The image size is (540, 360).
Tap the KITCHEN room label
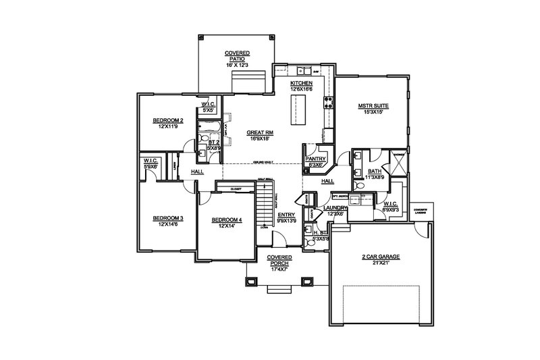point(302,82)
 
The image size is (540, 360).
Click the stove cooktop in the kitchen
point(329,103)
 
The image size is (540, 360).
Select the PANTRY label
point(316,158)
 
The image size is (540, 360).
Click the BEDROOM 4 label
point(226,220)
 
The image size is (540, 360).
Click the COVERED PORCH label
point(279,261)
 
